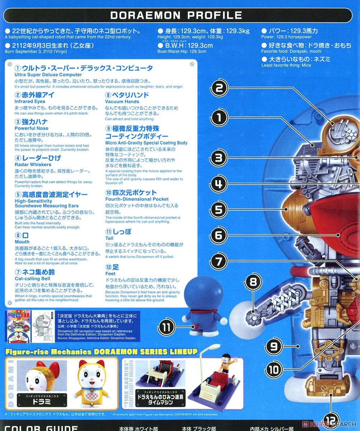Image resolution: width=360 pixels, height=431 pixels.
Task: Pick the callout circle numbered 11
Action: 167,327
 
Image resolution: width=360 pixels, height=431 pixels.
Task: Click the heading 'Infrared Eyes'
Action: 30,102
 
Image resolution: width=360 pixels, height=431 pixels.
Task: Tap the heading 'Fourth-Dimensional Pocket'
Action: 137,199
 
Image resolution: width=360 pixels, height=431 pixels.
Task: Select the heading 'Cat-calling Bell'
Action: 32,279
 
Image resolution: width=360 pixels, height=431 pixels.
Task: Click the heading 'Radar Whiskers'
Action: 33,164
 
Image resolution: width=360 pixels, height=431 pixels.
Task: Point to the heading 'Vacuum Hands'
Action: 122,102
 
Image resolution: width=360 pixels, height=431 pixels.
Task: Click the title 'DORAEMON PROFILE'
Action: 176,15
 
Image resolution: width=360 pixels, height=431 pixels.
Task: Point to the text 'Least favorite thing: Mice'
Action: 286,65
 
